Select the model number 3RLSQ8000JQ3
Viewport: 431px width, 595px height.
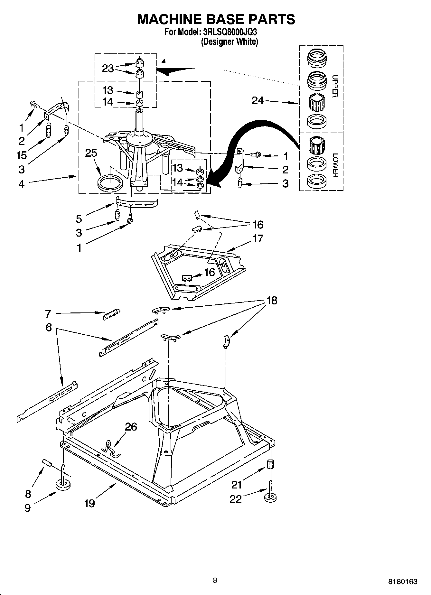pyautogui.click(x=229, y=32)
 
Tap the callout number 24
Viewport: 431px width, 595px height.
pyautogui.click(x=258, y=101)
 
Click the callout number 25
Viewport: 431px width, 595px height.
pyautogui.click(x=91, y=153)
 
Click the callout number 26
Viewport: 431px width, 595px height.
pyautogui.click(x=131, y=427)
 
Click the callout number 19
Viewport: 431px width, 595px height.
pyautogui.click(x=89, y=503)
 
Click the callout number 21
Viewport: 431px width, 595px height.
pyautogui.click(x=236, y=484)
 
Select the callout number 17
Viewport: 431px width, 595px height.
pyautogui.click(x=258, y=238)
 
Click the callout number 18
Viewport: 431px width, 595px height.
pyautogui.click(x=272, y=301)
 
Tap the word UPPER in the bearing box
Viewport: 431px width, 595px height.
pyautogui.click(x=335, y=86)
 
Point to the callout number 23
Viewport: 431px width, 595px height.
pyautogui.click(x=108, y=68)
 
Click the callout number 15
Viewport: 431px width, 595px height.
pyautogui.click(x=22, y=155)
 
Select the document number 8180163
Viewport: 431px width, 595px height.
pyautogui.click(x=403, y=581)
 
